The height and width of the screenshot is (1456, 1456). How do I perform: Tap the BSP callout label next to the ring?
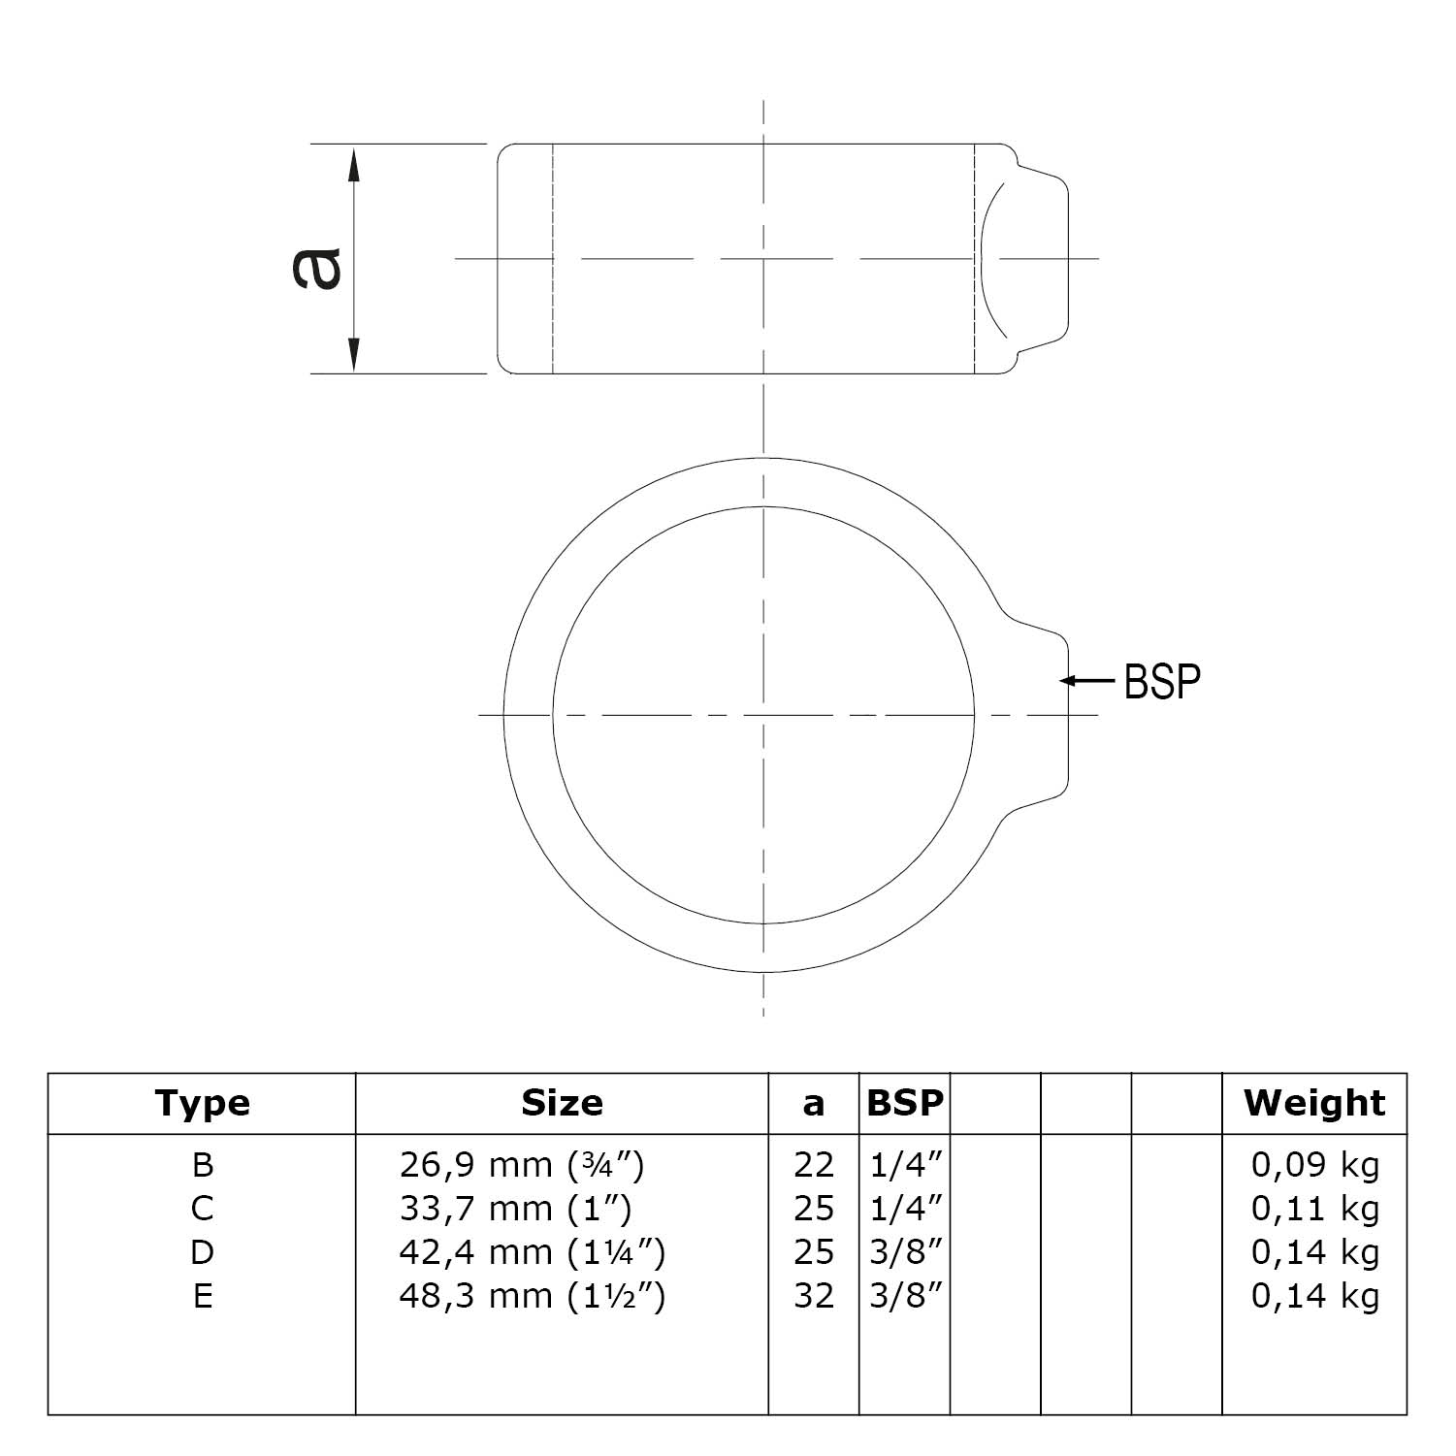click(x=1161, y=682)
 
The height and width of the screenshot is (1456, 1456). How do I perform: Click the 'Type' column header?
click(x=202, y=1103)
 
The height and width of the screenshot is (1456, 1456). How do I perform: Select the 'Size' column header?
click(x=562, y=1103)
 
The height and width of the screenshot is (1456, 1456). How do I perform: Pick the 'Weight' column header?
click(x=1314, y=1103)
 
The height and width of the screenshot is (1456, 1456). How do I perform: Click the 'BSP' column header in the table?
click(x=904, y=1103)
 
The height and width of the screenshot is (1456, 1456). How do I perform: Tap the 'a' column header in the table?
click(x=813, y=1104)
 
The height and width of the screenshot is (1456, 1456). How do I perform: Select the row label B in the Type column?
click(x=202, y=1164)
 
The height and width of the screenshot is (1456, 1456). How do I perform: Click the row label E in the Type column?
click(x=202, y=1296)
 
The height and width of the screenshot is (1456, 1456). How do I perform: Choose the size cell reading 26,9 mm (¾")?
click(x=522, y=1164)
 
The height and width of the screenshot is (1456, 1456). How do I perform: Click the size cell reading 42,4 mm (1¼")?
click(x=532, y=1252)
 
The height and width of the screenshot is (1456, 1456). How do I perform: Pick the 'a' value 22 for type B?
click(x=813, y=1164)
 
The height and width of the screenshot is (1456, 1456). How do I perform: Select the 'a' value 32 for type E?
click(x=813, y=1296)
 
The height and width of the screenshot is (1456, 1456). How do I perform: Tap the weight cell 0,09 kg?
click(x=1314, y=1164)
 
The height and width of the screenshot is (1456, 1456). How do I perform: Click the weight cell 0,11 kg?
click(x=1314, y=1209)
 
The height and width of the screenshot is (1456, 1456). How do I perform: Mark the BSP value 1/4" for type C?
click(x=905, y=1209)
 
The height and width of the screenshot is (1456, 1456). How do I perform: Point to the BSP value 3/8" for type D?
click(x=905, y=1252)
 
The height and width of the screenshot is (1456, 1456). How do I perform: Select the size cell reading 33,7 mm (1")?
click(x=515, y=1209)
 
